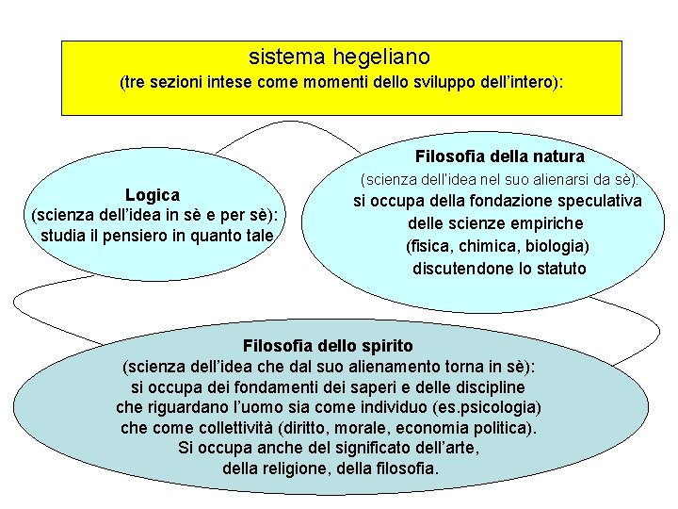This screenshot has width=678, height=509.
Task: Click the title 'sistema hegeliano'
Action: (340, 57)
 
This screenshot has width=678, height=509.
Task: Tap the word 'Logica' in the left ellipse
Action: (153, 194)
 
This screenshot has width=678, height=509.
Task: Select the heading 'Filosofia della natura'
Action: (499, 156)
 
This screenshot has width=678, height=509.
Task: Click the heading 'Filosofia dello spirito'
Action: (328, 345)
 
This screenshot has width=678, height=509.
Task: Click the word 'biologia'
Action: (553, 246)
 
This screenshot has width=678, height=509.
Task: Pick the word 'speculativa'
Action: (603, 201)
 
